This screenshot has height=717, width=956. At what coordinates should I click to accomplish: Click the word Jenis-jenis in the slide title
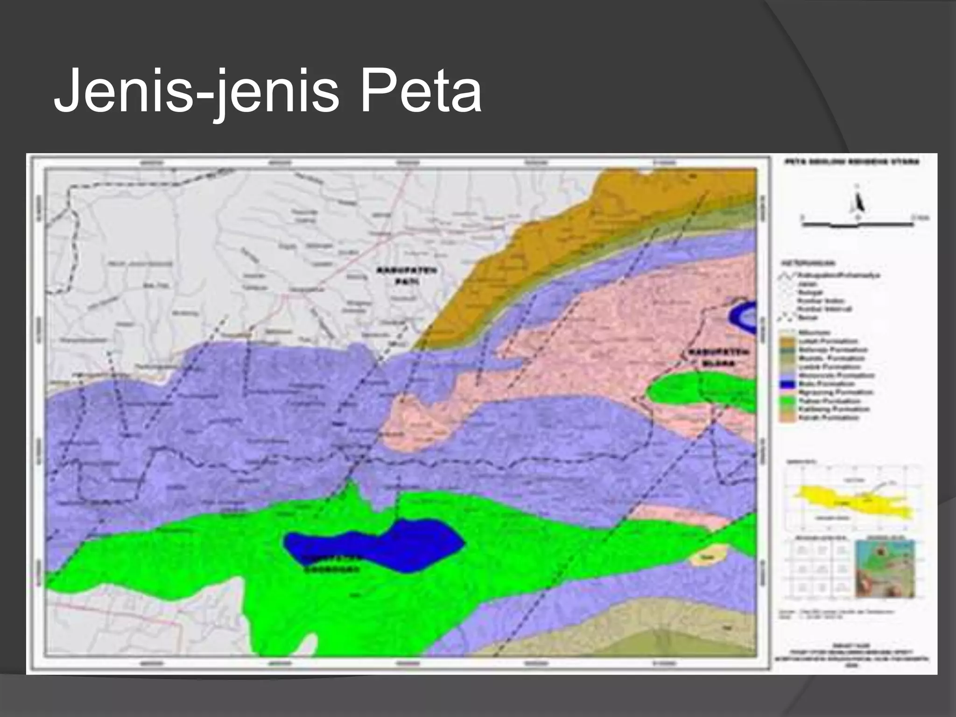[196, 91]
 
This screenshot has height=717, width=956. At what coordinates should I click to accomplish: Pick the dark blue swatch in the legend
[787, 384]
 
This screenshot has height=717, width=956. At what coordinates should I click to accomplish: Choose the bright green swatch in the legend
[787, 401]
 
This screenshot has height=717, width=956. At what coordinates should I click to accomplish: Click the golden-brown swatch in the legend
[787, 341]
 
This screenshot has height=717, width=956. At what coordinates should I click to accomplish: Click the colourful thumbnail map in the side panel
[885, 569]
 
